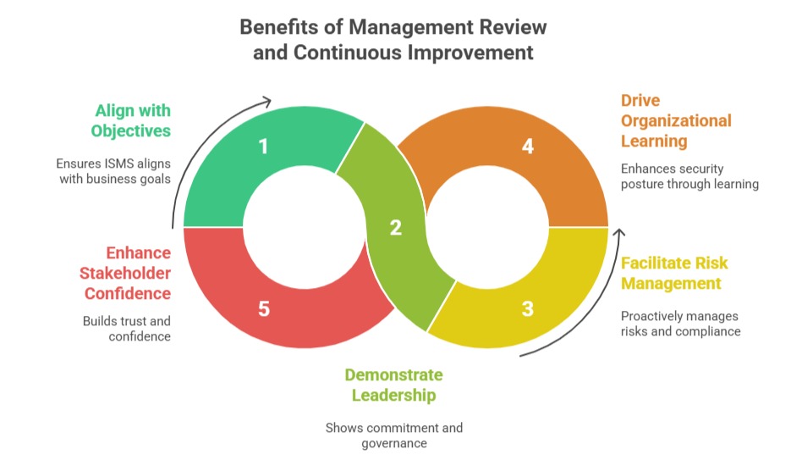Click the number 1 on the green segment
tap(263, 147)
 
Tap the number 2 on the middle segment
tap(395, 227)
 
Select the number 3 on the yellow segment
tap(528, 308)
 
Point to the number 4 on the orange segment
tap(528, 147)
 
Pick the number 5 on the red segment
tap(263, 308)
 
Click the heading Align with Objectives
tap(133, 120)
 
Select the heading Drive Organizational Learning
tap(676, 120)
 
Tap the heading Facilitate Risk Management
tap(674, 273)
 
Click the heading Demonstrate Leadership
tap(393, 385)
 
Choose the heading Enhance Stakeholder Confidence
tap(126, 273)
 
